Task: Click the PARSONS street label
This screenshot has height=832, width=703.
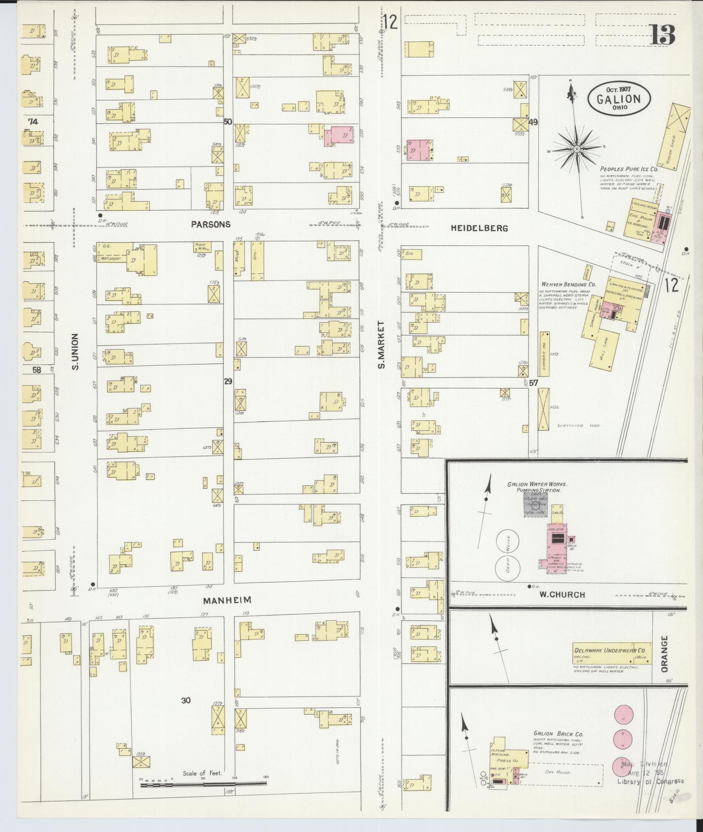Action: click(x=211, y=225)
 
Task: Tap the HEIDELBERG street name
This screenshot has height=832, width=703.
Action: click(x=479, y=228)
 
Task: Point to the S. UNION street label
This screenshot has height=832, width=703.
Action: click(x=75, y=351)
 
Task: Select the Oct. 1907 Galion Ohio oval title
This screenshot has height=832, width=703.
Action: click(x=619, y=98)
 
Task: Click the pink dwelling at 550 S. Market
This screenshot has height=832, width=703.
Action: click(x=339, y=136)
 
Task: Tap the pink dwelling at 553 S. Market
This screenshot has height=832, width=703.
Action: click(x=418, y=150)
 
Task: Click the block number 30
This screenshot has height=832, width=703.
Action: click(x=186, y=700)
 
